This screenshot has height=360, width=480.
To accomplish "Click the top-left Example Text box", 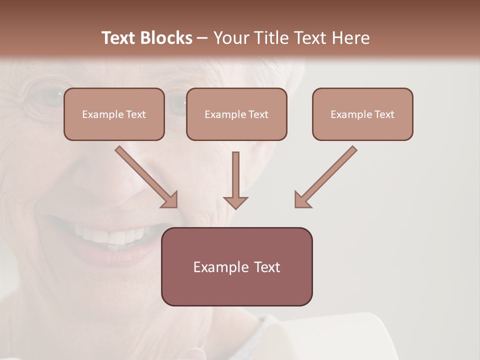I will tap(114, 114).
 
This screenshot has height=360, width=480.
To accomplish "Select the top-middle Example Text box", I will tap(236, 114).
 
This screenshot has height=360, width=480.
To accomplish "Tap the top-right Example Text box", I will tap(362, 114).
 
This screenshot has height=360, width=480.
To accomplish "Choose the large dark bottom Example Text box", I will tap(236, 266).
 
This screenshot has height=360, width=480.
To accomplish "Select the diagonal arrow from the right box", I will tap(326, 176).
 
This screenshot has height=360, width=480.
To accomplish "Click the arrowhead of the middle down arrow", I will tap(235, 202).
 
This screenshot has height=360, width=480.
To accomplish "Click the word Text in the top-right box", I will tap(384, 114).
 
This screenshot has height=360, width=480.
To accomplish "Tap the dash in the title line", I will tap(202, 38).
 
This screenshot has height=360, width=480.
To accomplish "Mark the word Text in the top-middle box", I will tap(258, 114).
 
